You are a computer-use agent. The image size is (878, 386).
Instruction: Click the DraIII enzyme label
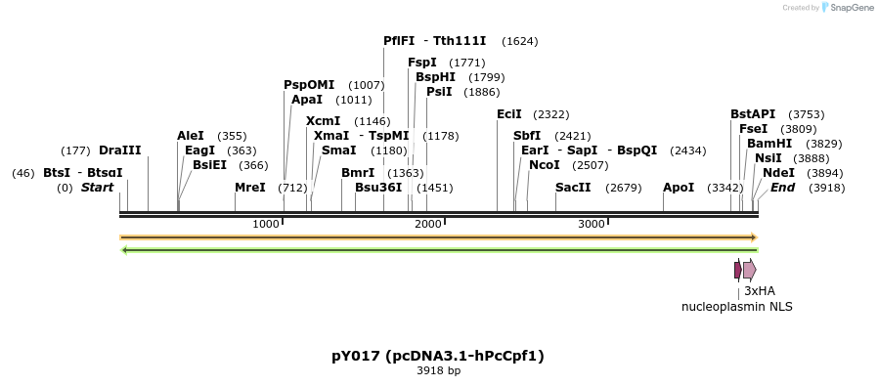[119, 150]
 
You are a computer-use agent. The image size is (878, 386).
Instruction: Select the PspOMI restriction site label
[309, 85]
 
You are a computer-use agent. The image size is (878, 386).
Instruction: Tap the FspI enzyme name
[422, 63]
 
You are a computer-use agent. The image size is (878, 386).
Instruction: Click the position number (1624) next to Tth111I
[519, 41]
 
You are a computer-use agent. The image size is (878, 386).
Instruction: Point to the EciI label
[509, 114]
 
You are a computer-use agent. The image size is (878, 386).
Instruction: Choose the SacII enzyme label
[573, 187]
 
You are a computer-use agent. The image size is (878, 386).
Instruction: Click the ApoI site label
[679, 187]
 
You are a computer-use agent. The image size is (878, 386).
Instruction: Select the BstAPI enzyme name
[753, 114]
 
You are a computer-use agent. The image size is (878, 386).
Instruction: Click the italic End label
[782, 187]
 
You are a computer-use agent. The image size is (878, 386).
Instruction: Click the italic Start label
[97, 187]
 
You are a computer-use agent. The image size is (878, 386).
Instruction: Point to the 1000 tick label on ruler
[265, 224]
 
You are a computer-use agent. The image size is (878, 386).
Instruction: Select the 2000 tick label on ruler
[428, 224]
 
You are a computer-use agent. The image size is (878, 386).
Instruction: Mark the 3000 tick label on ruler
[591, 224]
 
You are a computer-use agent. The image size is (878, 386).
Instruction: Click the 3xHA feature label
[759, 290]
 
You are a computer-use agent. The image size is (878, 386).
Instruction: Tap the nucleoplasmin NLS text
[736, 306]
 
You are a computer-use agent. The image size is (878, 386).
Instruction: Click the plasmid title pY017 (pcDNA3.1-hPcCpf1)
[438, 356]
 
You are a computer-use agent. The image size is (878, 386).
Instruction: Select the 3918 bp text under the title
[438, 371]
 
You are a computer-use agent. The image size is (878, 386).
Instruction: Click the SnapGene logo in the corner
[848, 8]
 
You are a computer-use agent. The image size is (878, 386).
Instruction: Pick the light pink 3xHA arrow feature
[749, 270]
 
